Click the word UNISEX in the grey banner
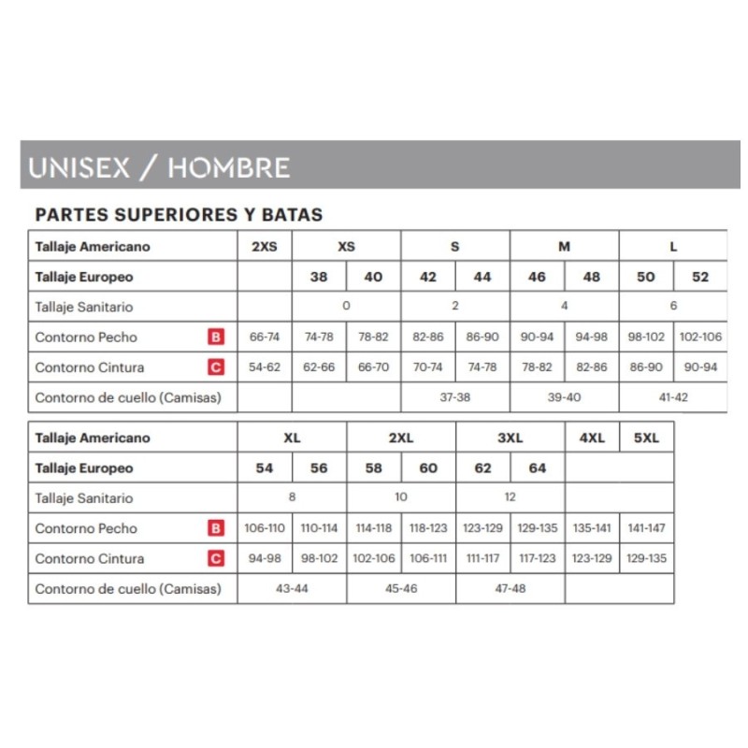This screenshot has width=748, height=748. click(x=82, y=167)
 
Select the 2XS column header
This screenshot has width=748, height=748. click(x=265, y=247)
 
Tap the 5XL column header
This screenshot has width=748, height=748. click(x=646, y=438)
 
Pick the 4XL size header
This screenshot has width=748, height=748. click(x=592, y=438)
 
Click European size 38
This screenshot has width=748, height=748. click(x=319, y=277)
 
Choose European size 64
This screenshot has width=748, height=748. click(x=538, y=467)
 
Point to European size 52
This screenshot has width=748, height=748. click(x=700, y=277)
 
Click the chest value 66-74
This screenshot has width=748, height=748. click(x=265, y=337)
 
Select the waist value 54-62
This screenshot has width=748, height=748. click(x=265, y=367)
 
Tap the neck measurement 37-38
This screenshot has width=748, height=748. click(x=455, y=397)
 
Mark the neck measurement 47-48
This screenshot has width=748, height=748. click(x=511, y=588)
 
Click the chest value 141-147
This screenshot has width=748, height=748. click(x=646, y=528)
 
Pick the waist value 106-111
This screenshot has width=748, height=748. click(x=428, y=558)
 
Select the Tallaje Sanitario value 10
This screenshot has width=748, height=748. click(x=401, y=497)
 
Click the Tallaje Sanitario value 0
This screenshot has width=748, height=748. click(x=346, y=306)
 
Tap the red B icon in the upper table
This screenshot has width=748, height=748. click(x=216, y=337)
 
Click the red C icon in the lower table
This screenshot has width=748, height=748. click(x=216, y=558)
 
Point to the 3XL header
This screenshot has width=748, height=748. click(x=511, y=438)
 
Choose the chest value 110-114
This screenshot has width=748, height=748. click(x=319, y=528)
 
